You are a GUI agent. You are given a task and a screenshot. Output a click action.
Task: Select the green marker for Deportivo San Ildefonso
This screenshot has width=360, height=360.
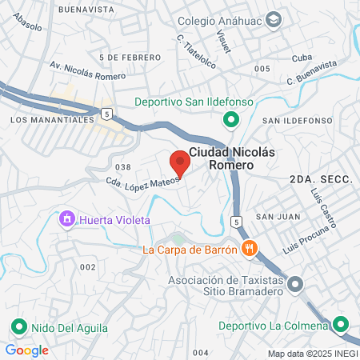pyautogui.click(x=231, y=120)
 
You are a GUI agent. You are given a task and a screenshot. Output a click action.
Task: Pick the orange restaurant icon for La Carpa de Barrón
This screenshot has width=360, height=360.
pyautogui.click(x=250, y=249)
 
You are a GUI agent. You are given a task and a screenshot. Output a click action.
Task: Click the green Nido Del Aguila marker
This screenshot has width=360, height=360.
pyautogui.click(x=18, y=326)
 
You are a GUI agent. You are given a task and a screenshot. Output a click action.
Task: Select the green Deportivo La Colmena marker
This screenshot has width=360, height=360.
pyautogui.click(x=342, y=325)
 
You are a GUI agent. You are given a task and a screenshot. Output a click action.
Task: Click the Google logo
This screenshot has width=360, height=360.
pyautogui.click(x=26, y=350)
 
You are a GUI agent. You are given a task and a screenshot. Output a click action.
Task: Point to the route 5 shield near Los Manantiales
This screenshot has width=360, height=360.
pyautogui.click(x=106, y=113)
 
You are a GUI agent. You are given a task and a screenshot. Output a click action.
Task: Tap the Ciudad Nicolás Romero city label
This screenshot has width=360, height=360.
pyautogui.click(x=221, y=157)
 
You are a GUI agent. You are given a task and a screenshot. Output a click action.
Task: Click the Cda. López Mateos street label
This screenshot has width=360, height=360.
pyautogui.click(x=143, y=178)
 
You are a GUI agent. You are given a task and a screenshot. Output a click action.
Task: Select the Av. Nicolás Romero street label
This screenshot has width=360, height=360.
pyautogui.click(x=87, y=70)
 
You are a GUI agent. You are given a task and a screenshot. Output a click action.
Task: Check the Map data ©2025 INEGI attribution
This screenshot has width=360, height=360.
pyautogui.click(x=311, y=353)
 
